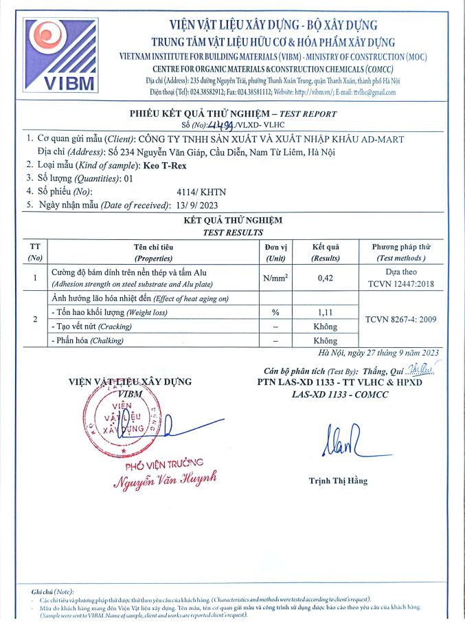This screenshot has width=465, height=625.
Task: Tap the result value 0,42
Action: (x=325, y=278)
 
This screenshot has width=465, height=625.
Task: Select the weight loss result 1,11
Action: (x=325, y=312)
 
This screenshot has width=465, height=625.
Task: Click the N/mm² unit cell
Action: (x=275, y=278)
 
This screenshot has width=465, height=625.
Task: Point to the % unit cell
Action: (x=275, y=312)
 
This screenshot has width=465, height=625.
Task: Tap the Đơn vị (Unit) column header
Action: (x=275, y=252)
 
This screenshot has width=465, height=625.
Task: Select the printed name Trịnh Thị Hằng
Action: (x=338, y=481)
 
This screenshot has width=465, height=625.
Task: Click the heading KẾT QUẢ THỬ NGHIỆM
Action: (x=233, y=220)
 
